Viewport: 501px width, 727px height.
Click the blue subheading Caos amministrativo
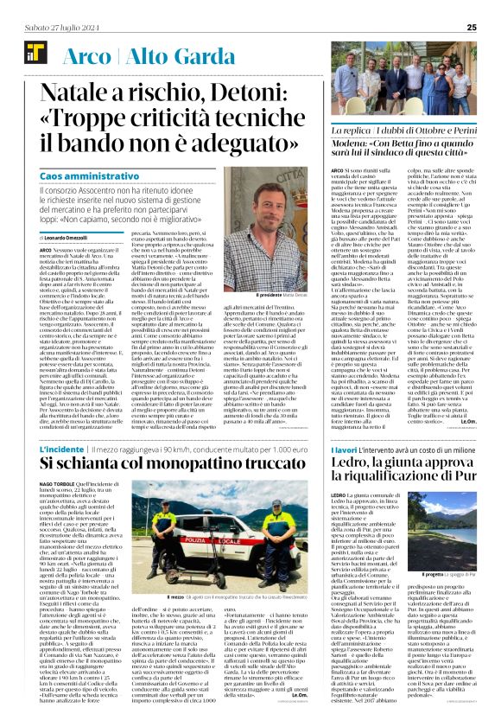[90, 175]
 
